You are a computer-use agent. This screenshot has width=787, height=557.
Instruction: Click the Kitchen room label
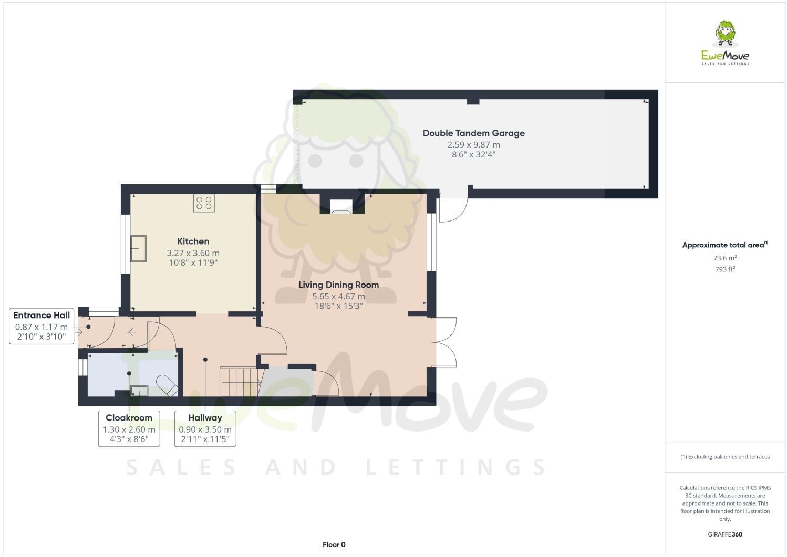193,241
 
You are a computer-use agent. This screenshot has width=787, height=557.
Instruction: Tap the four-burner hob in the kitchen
204,203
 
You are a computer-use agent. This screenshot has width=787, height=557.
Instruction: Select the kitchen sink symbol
139,248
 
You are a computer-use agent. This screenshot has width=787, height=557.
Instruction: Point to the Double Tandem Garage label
473,133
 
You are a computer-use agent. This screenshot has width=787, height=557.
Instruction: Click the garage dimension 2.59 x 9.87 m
473,145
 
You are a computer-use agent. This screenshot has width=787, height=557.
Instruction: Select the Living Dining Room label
338,285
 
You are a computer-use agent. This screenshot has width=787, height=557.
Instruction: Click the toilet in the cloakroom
167,385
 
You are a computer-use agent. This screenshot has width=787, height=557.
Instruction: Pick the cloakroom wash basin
139,390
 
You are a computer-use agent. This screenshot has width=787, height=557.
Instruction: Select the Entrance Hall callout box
42,327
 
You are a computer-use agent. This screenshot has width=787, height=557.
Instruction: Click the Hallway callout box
205,429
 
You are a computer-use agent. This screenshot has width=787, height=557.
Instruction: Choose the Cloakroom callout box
129,429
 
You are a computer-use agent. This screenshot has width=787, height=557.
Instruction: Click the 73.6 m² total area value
724,258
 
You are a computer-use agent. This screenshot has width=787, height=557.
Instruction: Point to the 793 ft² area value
724,269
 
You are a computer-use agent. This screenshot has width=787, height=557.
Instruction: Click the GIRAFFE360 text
724,535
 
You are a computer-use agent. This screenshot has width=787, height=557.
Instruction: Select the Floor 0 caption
334,544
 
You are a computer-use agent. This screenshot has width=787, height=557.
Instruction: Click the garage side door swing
453,209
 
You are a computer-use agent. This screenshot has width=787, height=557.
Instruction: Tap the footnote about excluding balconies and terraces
724,457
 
